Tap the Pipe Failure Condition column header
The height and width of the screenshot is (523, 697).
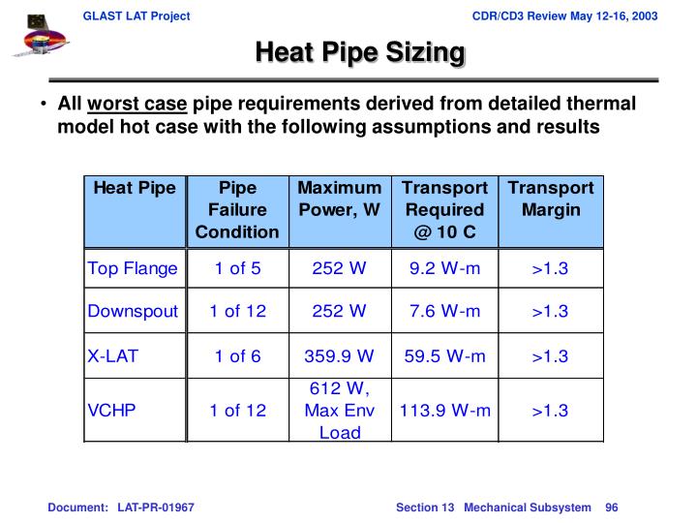237,210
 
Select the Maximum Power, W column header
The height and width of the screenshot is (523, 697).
339,199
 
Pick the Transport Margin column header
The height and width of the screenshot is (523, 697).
550,199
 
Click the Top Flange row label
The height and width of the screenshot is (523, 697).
133,268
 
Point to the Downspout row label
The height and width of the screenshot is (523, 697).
133,312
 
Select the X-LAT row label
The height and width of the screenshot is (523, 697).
113,356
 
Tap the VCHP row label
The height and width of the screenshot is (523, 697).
112,411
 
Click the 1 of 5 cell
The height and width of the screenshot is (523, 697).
237,268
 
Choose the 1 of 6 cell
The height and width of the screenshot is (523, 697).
237,356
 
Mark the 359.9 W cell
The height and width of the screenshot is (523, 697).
339,356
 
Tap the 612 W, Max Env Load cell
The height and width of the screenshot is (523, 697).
339,411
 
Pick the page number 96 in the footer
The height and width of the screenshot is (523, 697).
611,508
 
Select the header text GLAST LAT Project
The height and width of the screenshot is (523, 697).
136,16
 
